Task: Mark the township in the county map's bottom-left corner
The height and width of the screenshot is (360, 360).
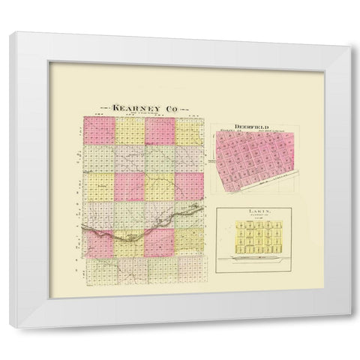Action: pyautogui.click(x=98, y=274)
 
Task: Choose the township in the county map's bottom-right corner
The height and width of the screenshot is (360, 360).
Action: pyautogui.click(x=191, y=274)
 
